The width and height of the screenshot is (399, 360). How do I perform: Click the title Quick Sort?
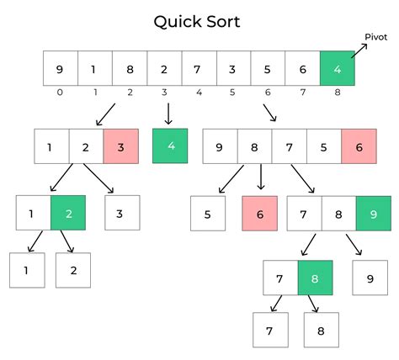point(196,21)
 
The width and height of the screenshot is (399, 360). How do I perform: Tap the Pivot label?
point(375,37)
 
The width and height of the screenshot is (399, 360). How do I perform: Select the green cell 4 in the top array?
point(337,67)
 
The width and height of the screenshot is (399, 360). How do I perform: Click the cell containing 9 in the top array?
point(61,67)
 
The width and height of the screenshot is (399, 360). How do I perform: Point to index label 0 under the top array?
point(61,93)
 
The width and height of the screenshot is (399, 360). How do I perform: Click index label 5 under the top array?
point(233,93)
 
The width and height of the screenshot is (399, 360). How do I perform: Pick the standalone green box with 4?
point(170,146)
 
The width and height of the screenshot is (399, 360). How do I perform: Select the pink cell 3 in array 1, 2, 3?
point(121,146)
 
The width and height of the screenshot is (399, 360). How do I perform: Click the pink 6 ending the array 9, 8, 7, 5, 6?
point(359,146)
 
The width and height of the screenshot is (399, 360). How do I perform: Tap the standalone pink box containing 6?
point(259,214)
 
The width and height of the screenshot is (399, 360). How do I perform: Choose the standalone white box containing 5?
point(207,214)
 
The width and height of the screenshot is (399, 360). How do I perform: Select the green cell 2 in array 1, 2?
point(68,213)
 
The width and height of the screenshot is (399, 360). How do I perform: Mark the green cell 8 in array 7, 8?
point(316,278)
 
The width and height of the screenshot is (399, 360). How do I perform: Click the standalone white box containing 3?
point(122,213)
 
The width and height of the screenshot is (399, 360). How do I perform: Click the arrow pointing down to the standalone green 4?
point(169,112)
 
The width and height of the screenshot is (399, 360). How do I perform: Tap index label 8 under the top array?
point(337,93)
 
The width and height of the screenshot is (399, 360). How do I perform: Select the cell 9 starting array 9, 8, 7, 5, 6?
point(221,146)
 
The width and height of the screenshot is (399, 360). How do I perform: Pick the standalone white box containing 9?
point(369,278)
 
